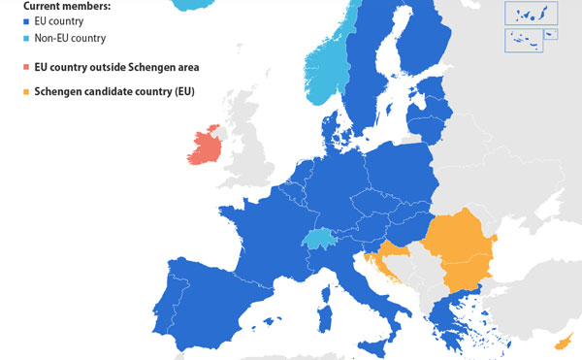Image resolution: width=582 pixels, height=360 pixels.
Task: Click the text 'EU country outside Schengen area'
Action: (x=116, y=69)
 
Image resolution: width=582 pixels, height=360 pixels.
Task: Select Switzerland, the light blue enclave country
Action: (x=317, y=240)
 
